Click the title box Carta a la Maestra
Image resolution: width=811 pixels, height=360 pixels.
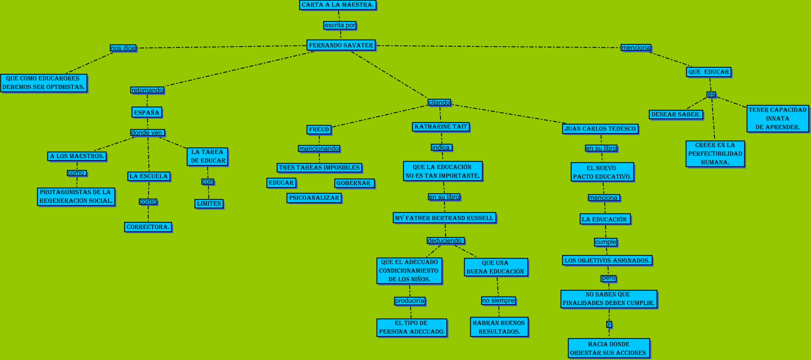(337, 5)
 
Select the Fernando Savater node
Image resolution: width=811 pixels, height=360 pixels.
(341, 45)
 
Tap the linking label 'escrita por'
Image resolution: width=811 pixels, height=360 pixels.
(340, 25)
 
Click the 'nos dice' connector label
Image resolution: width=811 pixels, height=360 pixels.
(123, 48)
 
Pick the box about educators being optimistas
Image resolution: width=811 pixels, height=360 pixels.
(44, 83)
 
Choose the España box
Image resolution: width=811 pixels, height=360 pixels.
(147, 112)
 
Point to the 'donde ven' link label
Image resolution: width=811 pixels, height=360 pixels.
(147, 133)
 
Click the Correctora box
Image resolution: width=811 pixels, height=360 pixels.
(148, 227)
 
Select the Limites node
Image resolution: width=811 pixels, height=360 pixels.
(209, 204)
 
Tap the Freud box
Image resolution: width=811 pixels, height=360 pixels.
(319, 130)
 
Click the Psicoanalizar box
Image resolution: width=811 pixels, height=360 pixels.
(314, 198)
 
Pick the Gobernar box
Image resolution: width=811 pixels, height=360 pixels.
(354, 183)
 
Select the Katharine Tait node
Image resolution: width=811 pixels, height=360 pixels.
(441, 127)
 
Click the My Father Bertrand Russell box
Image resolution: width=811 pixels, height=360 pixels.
(445, 218)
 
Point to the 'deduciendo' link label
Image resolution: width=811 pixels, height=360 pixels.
(445, 241)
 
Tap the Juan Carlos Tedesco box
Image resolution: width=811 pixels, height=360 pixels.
(600, 129)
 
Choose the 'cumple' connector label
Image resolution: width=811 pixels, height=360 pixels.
(606, 242)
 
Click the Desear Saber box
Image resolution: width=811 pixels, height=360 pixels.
(676, 115)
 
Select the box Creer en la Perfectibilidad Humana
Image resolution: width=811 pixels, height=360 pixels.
(715, 154)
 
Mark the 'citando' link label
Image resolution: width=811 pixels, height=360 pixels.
(439, 102)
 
